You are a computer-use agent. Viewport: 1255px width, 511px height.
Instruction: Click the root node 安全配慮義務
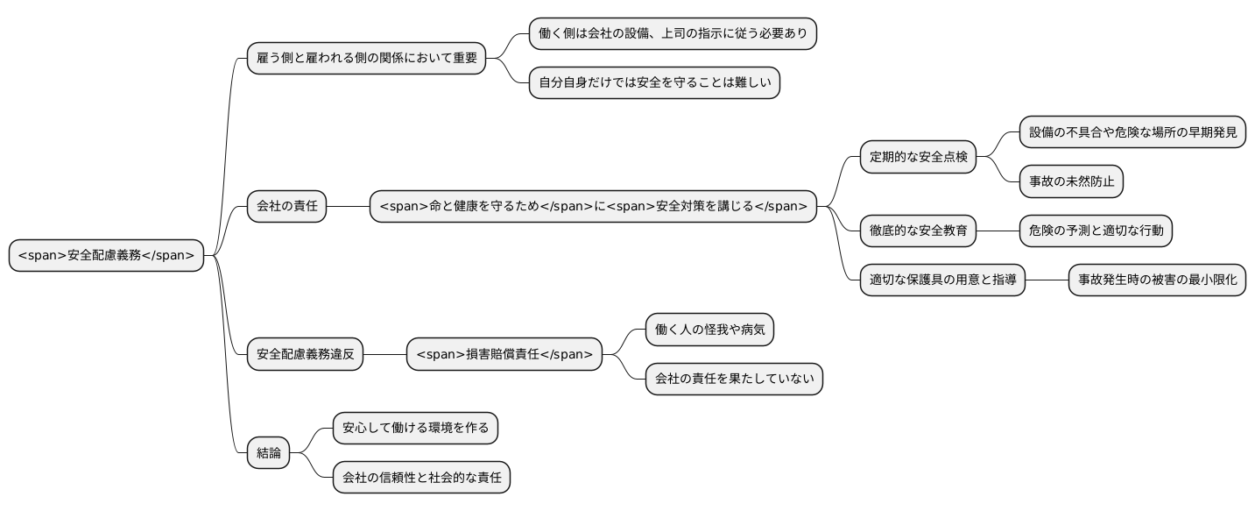tap(106, 256)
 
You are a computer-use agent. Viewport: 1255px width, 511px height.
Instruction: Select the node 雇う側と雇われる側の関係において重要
tap(366, 59)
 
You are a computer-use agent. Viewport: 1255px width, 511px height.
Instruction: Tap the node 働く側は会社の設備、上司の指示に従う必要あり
tap(673, 34)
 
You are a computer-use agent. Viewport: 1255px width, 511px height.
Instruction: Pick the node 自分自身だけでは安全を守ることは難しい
tap(654, 83)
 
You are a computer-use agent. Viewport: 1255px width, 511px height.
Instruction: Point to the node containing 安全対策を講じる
tap(593, 207)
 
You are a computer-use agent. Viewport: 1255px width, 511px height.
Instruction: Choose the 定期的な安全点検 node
tap(918, 158)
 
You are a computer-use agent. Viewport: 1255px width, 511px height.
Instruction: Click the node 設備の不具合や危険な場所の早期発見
tap(1132, 132)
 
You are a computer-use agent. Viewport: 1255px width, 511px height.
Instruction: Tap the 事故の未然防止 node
tap(1071, 181)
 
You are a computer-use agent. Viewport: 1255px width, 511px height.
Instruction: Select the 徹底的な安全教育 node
tap(918, 231)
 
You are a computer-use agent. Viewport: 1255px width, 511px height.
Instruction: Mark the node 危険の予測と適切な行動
tap(1096, 231)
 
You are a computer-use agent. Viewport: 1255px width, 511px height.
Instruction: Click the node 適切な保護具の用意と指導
tap(942, 280)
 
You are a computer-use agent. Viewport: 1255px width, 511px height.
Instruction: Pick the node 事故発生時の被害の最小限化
tap(1157, 280)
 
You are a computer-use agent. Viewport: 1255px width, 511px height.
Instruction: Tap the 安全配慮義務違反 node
tap(305, 354)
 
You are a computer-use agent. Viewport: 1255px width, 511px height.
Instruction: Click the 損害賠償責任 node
tap(504, 354)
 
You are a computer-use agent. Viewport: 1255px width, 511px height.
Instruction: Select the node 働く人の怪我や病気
tap(709, 330)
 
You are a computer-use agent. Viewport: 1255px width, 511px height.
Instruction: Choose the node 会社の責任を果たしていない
tap(734, 379)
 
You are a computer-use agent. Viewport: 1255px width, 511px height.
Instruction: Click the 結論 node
tap(268, 452)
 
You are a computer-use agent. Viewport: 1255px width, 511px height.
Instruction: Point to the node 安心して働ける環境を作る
tap(415, 429)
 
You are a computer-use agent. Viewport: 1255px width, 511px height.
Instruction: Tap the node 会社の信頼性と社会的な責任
tap(421, 478)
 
